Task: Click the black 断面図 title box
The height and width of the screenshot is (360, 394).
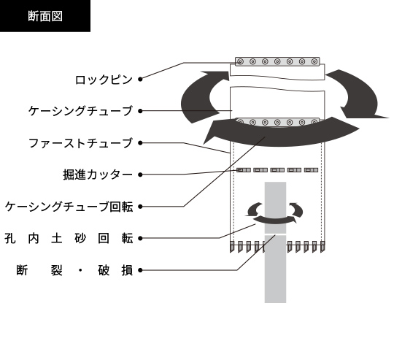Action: coord(45,16)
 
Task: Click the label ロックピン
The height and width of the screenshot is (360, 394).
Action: coord(104,80)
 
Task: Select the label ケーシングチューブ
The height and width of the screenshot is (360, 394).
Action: coord(80,111)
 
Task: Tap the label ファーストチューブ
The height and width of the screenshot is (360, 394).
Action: coord(80,143)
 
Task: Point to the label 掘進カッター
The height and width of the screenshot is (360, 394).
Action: coord(98,175)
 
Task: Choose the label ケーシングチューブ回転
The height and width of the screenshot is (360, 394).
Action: coord(69,207)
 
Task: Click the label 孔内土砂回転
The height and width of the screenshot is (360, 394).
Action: coord(69,238)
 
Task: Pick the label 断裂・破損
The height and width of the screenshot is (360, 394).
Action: coord(74,270)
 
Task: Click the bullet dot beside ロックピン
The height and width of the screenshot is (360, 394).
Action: coord(140,79)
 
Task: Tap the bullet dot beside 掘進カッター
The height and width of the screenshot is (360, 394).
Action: coord(140,175)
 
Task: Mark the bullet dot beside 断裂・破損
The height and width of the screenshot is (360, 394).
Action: coord(140,270)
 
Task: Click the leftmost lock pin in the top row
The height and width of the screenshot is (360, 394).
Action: coord(241,61)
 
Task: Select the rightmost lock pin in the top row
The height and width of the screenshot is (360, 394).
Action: coord(314,61)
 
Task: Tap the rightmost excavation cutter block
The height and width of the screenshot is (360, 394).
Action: coord(311,170)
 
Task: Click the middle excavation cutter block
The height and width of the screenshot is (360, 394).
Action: coord(277,170)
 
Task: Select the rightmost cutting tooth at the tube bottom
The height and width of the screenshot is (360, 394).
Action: coord(322,247)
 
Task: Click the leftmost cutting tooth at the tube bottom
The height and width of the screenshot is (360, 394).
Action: coord(232,247)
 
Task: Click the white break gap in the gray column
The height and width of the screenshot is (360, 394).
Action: coord(275,234)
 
